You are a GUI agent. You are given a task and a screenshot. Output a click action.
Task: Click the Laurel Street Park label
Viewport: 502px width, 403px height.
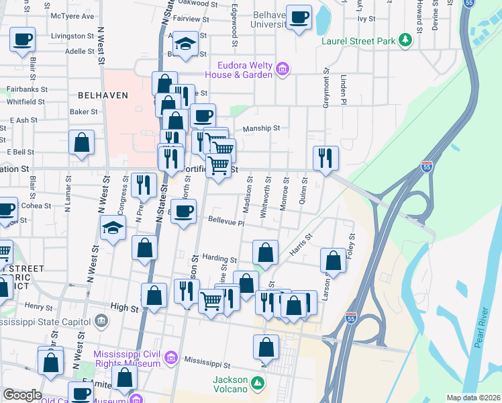pyautogui.click(x=358, y=42)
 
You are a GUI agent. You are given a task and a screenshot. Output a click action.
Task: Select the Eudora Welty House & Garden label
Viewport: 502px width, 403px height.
pyautogui.click(x=244, y=70)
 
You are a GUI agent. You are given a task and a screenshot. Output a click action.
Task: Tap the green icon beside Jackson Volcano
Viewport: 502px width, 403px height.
pyautogui.click(x=258, y=385)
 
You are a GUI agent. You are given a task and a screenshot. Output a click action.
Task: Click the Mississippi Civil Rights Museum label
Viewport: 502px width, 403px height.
pyautogui.click(x=127, y=359)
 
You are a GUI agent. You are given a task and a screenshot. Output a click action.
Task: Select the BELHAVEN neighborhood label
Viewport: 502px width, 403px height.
pyautogui.click(x=103, y=95)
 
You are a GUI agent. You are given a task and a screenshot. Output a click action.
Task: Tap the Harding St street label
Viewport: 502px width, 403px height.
pyautogui.click(x=220, y=259)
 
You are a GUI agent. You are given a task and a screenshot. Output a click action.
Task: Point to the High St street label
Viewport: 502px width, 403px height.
pyautogui.click(x=124, y=308)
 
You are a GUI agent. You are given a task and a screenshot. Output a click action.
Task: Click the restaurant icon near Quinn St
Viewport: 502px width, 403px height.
pyautogui.click(x=325, y=158)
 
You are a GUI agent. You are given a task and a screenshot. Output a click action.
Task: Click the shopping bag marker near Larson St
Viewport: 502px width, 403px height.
pyautogui.click(x=334, y=260)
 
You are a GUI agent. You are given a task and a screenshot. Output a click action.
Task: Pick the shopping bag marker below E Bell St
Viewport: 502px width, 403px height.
pyautogui.click(x=81, y=143)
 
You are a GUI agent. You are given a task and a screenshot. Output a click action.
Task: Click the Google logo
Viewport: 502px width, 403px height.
pyautogui.click(x=21, y=395)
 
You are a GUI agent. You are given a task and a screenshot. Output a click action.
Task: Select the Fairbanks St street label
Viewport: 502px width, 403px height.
pyautogui.click(x=27, y=88)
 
